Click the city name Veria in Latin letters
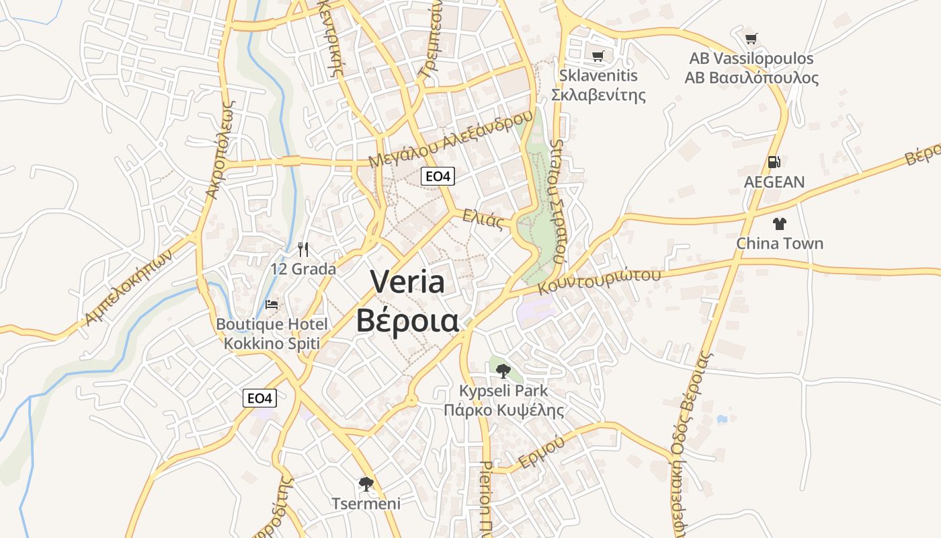(x=407, y=282)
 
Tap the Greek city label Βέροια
(x=407, y=321)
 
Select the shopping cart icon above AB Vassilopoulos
(x=751, y=39)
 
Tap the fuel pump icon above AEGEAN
(x=774, y=162)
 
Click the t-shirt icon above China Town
(x=780, y=223)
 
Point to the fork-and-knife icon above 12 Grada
(x=303, y=249)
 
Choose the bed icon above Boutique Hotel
(x=272, y=305)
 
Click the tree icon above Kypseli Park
(x=503, y=371)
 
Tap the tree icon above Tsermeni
(x=366, y=484)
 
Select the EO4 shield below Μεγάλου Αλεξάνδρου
(x=438, y=176)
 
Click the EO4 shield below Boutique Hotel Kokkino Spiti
(x=259, y=398)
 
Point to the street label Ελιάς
(x=483, y=219)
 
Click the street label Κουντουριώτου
(x=600, y=280)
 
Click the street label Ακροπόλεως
(x=220, y=149)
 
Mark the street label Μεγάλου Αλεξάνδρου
(x=451, y=139)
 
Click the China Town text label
(x=780, y=243)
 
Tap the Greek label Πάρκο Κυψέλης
(x=503, y=410)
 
